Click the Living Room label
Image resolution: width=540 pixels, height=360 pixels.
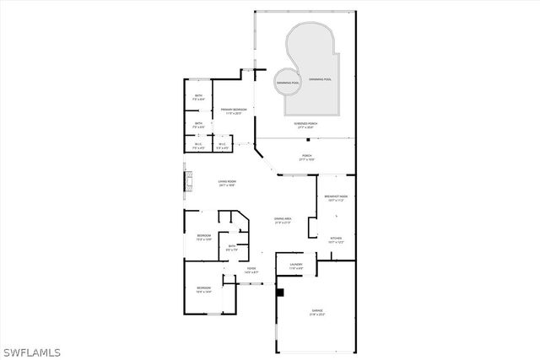(x=227, y=181)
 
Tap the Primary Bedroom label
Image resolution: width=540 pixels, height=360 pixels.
(x=232, y=110)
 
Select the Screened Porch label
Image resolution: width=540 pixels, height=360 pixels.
(x=305, y=123)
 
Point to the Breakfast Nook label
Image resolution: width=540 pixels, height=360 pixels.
(x=336, y=196)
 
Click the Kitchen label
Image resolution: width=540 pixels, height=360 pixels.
(x=335, y=239)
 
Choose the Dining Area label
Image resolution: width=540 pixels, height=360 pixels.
(x=282, y=219)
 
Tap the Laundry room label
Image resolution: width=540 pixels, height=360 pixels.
(x=295, y=266)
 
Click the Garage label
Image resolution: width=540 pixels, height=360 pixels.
(x=316, y=310)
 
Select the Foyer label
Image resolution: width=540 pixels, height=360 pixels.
(x=251, y=269)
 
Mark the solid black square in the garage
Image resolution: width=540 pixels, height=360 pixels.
(x=281, y=293)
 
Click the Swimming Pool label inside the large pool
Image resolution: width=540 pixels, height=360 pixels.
(x=320, y=78)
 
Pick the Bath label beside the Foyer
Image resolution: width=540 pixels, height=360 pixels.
(x=231, y=246)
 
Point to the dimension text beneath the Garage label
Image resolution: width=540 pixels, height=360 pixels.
(x=316, y=314)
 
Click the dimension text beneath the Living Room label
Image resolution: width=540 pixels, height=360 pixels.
(x=227, y=185)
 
